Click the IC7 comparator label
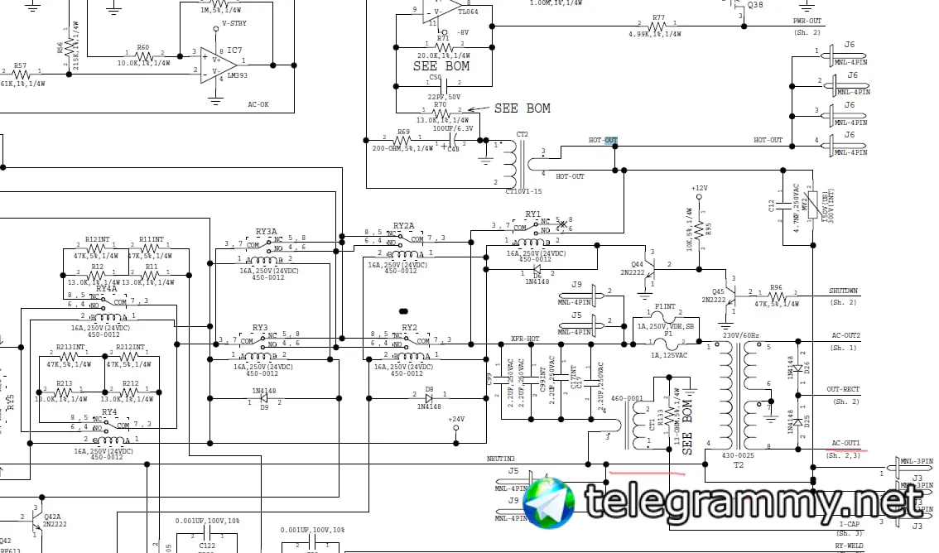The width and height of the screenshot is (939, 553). pos(234,50)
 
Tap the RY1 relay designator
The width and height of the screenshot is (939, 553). pos(532,214)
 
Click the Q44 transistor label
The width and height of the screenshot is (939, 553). pos(637,264)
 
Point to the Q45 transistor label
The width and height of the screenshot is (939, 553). pos(718,291)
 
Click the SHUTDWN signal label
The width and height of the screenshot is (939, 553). pos(844,291)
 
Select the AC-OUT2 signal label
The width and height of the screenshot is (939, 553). pos(845,335)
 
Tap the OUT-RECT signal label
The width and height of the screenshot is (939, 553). pos(844,389)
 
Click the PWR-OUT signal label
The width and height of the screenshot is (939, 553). pos(807,21)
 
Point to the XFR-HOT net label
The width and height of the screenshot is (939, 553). pos(525,339)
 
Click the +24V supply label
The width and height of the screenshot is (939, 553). pos(456,419)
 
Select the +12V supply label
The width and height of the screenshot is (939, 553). pos(700,188)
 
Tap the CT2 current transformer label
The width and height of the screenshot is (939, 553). pos(522,134)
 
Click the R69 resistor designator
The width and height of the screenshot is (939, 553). pos(403,132)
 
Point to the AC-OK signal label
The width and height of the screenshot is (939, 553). pos(258,104)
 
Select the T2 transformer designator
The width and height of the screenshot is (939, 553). pos(739,465)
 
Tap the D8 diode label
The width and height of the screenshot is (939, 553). pos(429,388)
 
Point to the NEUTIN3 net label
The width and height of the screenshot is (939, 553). pos(501,459)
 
